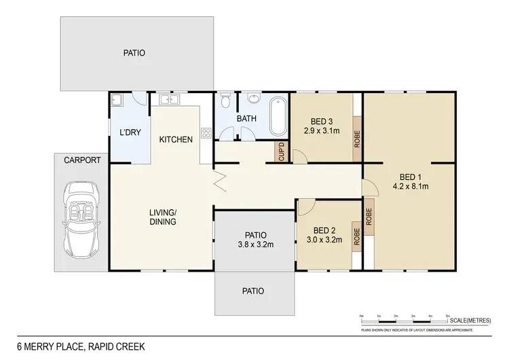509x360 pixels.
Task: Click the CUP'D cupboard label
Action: (x=280, y=154)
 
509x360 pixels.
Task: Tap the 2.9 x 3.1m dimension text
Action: (x=322, y=130)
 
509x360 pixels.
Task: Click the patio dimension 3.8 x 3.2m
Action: (x=255, y=245)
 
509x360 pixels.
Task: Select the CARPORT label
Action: (x=82, y=160)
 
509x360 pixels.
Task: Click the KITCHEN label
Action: (x=176, y=140)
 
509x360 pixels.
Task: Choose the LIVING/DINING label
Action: (x=163, y=217)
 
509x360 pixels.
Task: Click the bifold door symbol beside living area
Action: (x=218, y=183)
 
